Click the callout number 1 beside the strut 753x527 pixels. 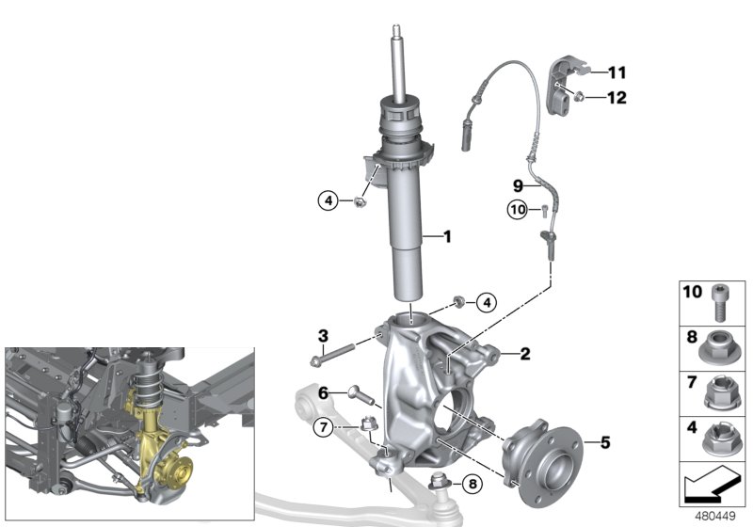(447, 237)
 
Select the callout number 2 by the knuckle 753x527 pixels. (525, 354)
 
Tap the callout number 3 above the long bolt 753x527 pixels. (322, 336)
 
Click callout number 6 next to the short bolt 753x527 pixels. (322, 393)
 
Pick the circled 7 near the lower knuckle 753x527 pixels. (322, 428)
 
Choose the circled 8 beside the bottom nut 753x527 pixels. (472, 486)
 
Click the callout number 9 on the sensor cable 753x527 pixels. (517, 184)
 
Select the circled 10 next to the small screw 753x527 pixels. (517, 210)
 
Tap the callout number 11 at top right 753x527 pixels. (617, 72)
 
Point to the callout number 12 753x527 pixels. (617, 96)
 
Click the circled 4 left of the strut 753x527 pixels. (328, 200)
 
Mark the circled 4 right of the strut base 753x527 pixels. (485, 302)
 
